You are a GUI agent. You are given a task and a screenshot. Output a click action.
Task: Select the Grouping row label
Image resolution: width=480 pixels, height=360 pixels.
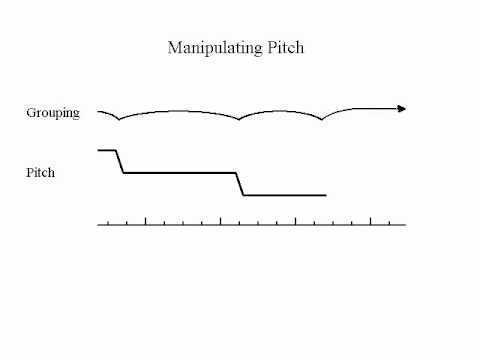(53, 113)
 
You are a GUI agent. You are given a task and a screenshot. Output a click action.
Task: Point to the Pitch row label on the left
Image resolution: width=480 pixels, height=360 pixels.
(41, 173)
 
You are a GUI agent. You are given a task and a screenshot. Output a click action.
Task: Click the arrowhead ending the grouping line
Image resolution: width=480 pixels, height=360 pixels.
(402, 108)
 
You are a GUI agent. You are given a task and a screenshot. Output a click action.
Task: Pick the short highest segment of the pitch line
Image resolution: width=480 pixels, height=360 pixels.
(106, 150)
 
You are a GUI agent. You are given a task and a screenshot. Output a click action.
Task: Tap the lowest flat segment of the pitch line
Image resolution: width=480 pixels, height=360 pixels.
(286, 195)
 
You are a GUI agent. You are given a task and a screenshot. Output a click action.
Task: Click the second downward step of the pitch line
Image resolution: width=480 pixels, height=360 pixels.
(241, 184)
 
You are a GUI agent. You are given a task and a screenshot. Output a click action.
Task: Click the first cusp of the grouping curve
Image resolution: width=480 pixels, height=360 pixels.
(119, 119)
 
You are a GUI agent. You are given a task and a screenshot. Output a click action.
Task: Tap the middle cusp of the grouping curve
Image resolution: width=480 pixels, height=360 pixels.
(239, 119)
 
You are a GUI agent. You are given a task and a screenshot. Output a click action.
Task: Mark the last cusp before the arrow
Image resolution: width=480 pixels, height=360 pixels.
(321, 119)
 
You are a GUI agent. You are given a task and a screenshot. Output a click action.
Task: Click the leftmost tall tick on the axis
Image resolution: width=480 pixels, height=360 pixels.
(146, 220)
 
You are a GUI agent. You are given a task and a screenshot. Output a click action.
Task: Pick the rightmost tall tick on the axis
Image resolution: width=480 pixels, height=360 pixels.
(371, 220)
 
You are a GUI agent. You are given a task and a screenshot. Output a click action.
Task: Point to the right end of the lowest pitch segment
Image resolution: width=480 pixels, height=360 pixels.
(325, 195)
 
